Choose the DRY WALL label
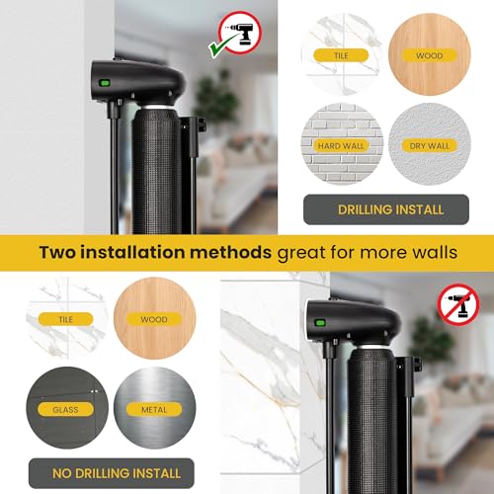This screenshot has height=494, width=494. click(x=429, y=145)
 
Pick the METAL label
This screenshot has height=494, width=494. click(x=149, y=408)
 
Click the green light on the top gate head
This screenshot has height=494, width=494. click(x=103, y=83)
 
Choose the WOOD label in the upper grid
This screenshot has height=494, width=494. click(x=430, y=56)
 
